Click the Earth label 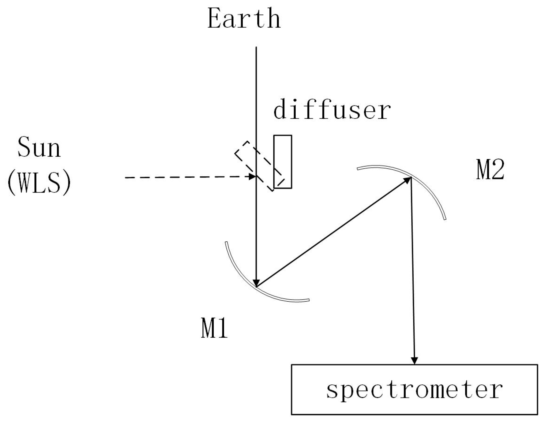tap(244, 19)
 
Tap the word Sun tap(39, 147)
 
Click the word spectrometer tap(414, 390)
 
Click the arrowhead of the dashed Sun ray tap(252, 177)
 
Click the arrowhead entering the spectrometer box tap(414, 360)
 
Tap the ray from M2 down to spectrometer tap(413, 271)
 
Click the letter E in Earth tap(214, 19)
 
